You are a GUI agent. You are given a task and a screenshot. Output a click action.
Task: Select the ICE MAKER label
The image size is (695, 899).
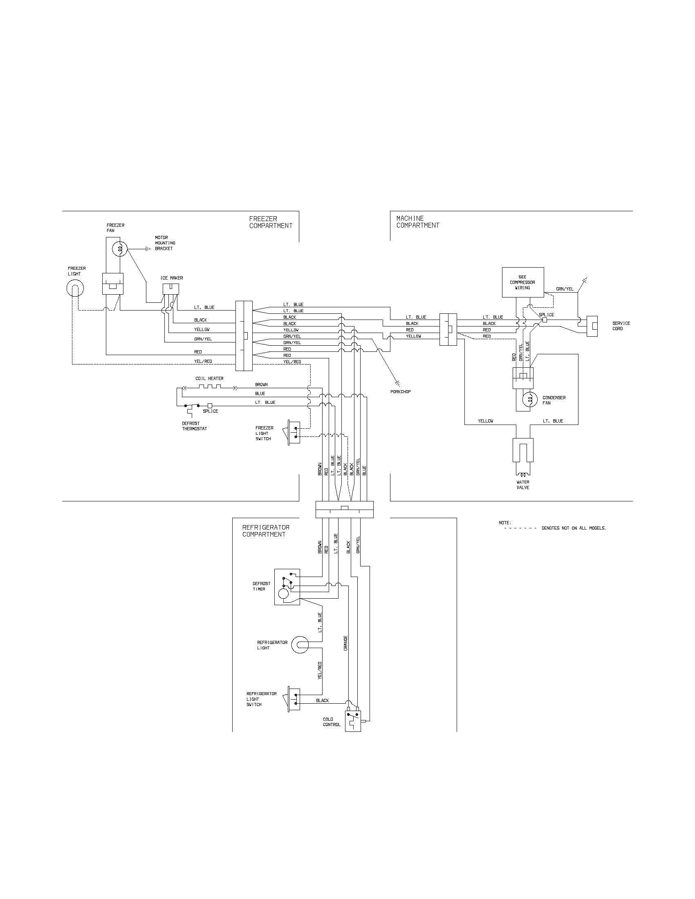(x=172, y=278)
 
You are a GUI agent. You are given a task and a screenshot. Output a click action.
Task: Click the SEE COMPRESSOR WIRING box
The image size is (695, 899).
(x=522, y=282)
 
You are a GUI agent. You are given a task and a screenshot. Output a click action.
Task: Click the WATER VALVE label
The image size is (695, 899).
(x=523, y=485)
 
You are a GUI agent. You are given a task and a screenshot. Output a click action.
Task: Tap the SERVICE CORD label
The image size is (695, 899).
(x=621, y=326)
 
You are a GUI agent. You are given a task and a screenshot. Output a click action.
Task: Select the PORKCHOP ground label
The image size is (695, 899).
(x=400, y=391)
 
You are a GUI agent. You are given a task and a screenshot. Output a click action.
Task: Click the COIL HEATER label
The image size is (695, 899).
(x=209, y=378)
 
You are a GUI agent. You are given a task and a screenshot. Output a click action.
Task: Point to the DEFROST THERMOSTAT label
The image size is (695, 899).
(x=194, y=426)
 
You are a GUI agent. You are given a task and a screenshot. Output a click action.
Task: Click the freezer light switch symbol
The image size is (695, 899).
(x=294, y=433)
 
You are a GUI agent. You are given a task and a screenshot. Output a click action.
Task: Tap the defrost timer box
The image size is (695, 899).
(x=287, y=587)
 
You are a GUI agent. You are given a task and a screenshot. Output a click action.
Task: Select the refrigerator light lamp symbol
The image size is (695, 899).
(x=300, y=645)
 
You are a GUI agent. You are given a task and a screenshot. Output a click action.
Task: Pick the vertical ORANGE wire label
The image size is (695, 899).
(x=345, y=643)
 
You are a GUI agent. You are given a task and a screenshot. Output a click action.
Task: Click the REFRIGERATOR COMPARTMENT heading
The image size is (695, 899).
(x=266, y=530)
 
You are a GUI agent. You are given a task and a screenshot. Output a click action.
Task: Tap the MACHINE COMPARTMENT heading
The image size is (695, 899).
(x=417, y=222)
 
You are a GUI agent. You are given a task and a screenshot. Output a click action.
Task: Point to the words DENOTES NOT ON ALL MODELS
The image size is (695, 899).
(x=574, y=528)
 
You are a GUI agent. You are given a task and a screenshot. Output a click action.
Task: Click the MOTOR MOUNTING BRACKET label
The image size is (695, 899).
(x=165, y=243)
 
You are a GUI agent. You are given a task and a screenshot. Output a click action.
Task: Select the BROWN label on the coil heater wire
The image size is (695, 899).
(x=261, y=385)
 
